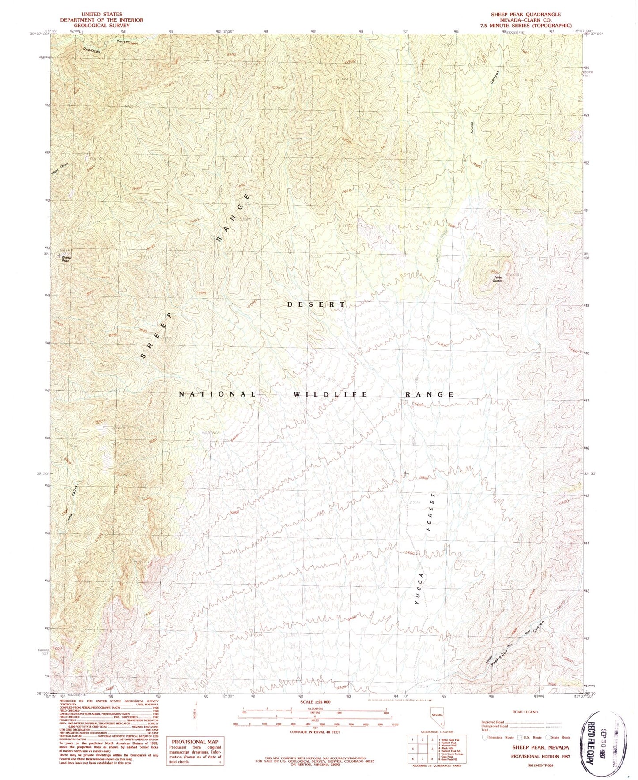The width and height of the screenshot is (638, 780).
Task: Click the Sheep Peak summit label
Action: tap(66, 259)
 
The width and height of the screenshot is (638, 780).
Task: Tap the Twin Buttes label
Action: tap(498, 278)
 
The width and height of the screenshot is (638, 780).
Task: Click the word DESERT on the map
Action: tap(316, 304)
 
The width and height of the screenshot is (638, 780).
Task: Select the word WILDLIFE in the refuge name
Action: tap(330, 394)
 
